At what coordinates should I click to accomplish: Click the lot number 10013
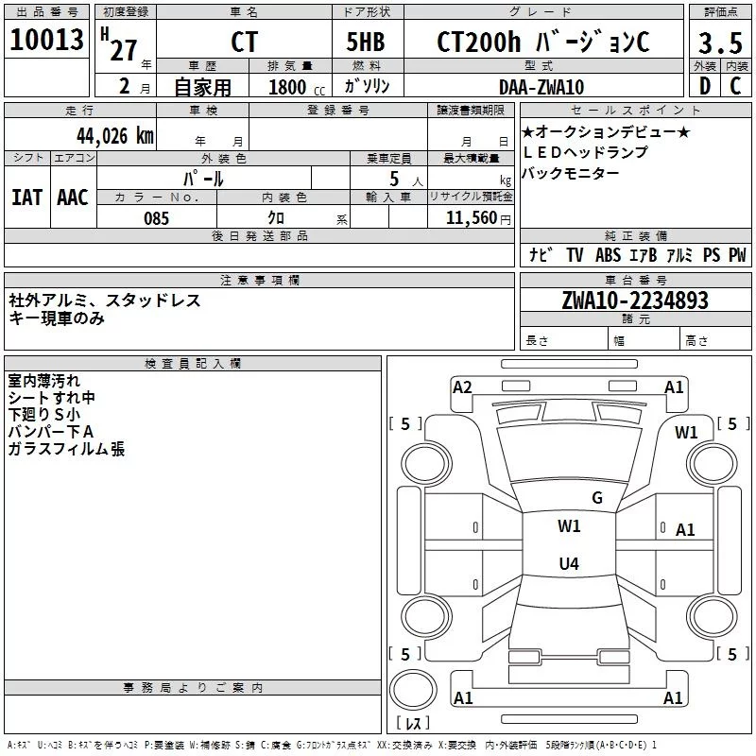click(47, 42)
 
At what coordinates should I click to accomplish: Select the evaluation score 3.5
click(720, 43)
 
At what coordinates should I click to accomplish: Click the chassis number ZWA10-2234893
click(634, 301)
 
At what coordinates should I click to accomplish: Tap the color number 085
click(157, 218)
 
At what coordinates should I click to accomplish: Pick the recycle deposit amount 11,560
click(471, 218)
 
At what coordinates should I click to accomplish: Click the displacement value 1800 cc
click(294, 87)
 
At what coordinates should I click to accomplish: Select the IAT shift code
click(26, 198)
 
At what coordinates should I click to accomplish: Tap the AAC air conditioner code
click(73, 198)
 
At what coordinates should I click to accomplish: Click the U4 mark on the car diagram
click(568, 564)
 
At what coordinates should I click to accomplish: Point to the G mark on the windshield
click(596, 498)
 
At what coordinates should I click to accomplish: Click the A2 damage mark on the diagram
click(462, 387)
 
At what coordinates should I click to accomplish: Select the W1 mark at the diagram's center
click(569, 526)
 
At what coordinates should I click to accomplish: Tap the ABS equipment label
click(608, 255)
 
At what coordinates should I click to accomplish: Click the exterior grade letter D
click(704, 87)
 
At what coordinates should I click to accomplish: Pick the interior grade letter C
click(735, 87)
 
